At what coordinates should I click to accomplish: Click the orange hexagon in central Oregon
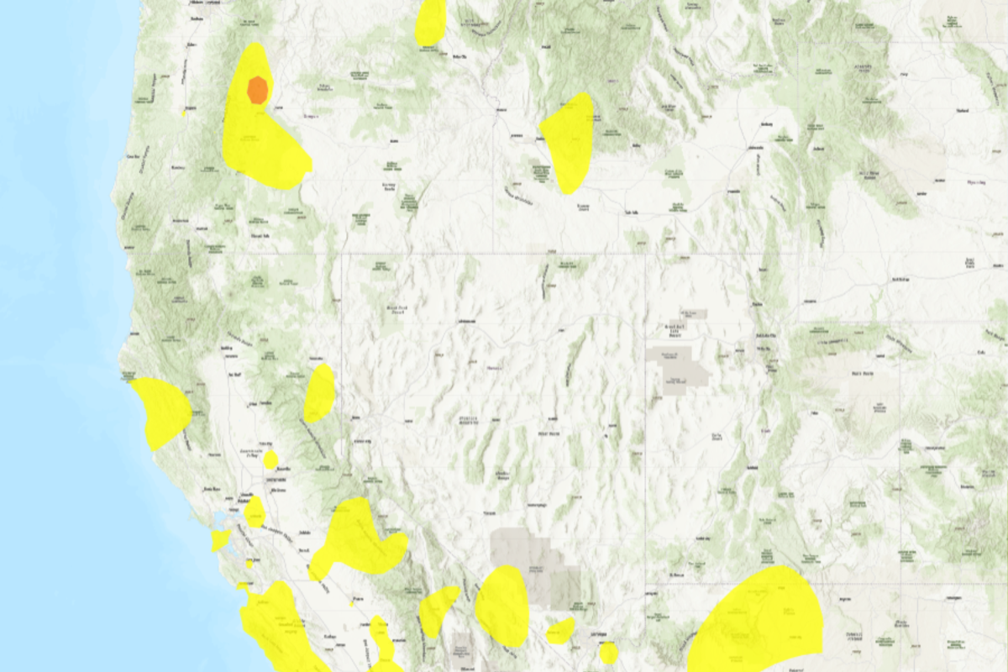(258, 89)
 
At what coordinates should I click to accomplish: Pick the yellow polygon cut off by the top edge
(430, 21)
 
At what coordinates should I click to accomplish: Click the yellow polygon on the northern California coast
(164, 412)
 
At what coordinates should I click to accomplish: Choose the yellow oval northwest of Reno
(319, 393)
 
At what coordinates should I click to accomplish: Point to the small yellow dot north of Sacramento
(270, 459)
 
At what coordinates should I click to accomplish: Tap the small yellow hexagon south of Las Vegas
(609, 652)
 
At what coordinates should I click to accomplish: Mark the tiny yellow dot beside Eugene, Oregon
(183, 113)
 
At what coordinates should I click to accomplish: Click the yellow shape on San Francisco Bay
(220, 538)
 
